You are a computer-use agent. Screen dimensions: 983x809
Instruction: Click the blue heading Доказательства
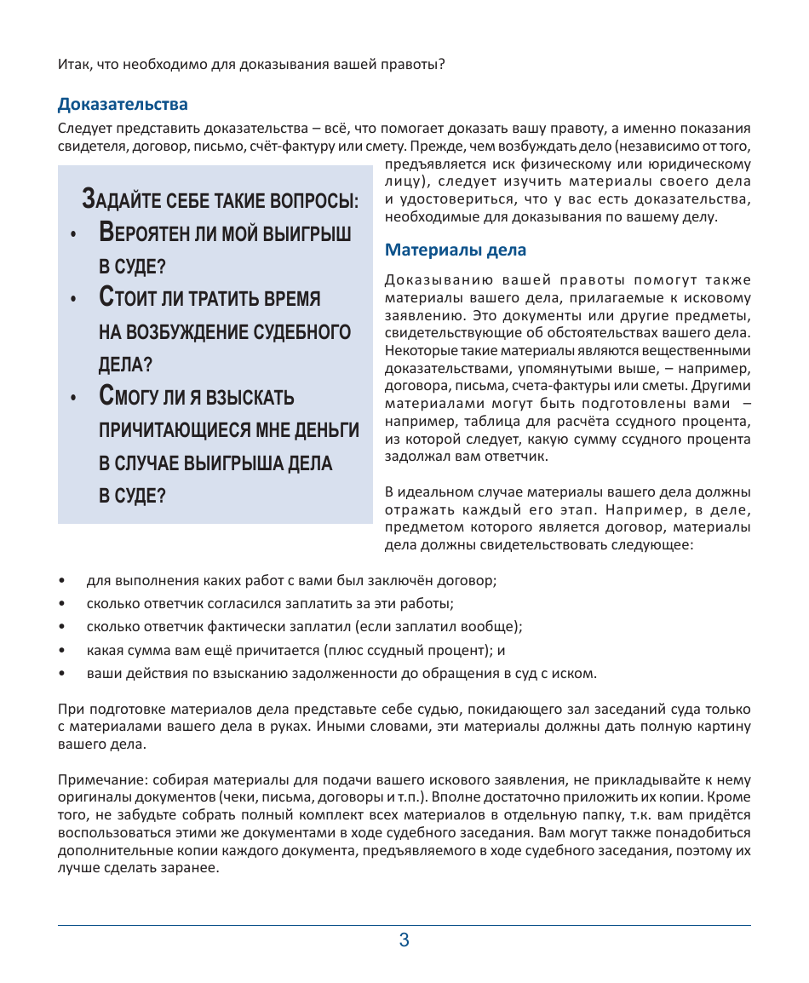(123, 105)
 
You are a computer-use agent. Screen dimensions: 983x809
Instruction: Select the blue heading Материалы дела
(456, 250)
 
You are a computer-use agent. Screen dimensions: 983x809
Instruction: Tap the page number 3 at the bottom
(404, 940)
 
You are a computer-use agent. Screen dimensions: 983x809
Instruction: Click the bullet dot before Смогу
(75, 399)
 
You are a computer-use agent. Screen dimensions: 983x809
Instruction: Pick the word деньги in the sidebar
(324, 430)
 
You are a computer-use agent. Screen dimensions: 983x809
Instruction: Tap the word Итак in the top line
(74, 64)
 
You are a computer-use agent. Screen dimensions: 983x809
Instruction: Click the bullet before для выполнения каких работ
(61, 581)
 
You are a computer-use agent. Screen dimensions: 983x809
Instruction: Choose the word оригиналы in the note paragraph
(92, 799)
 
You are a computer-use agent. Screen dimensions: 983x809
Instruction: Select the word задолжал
(415, 456)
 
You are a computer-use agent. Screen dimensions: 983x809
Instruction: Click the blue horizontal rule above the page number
(404, 925)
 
